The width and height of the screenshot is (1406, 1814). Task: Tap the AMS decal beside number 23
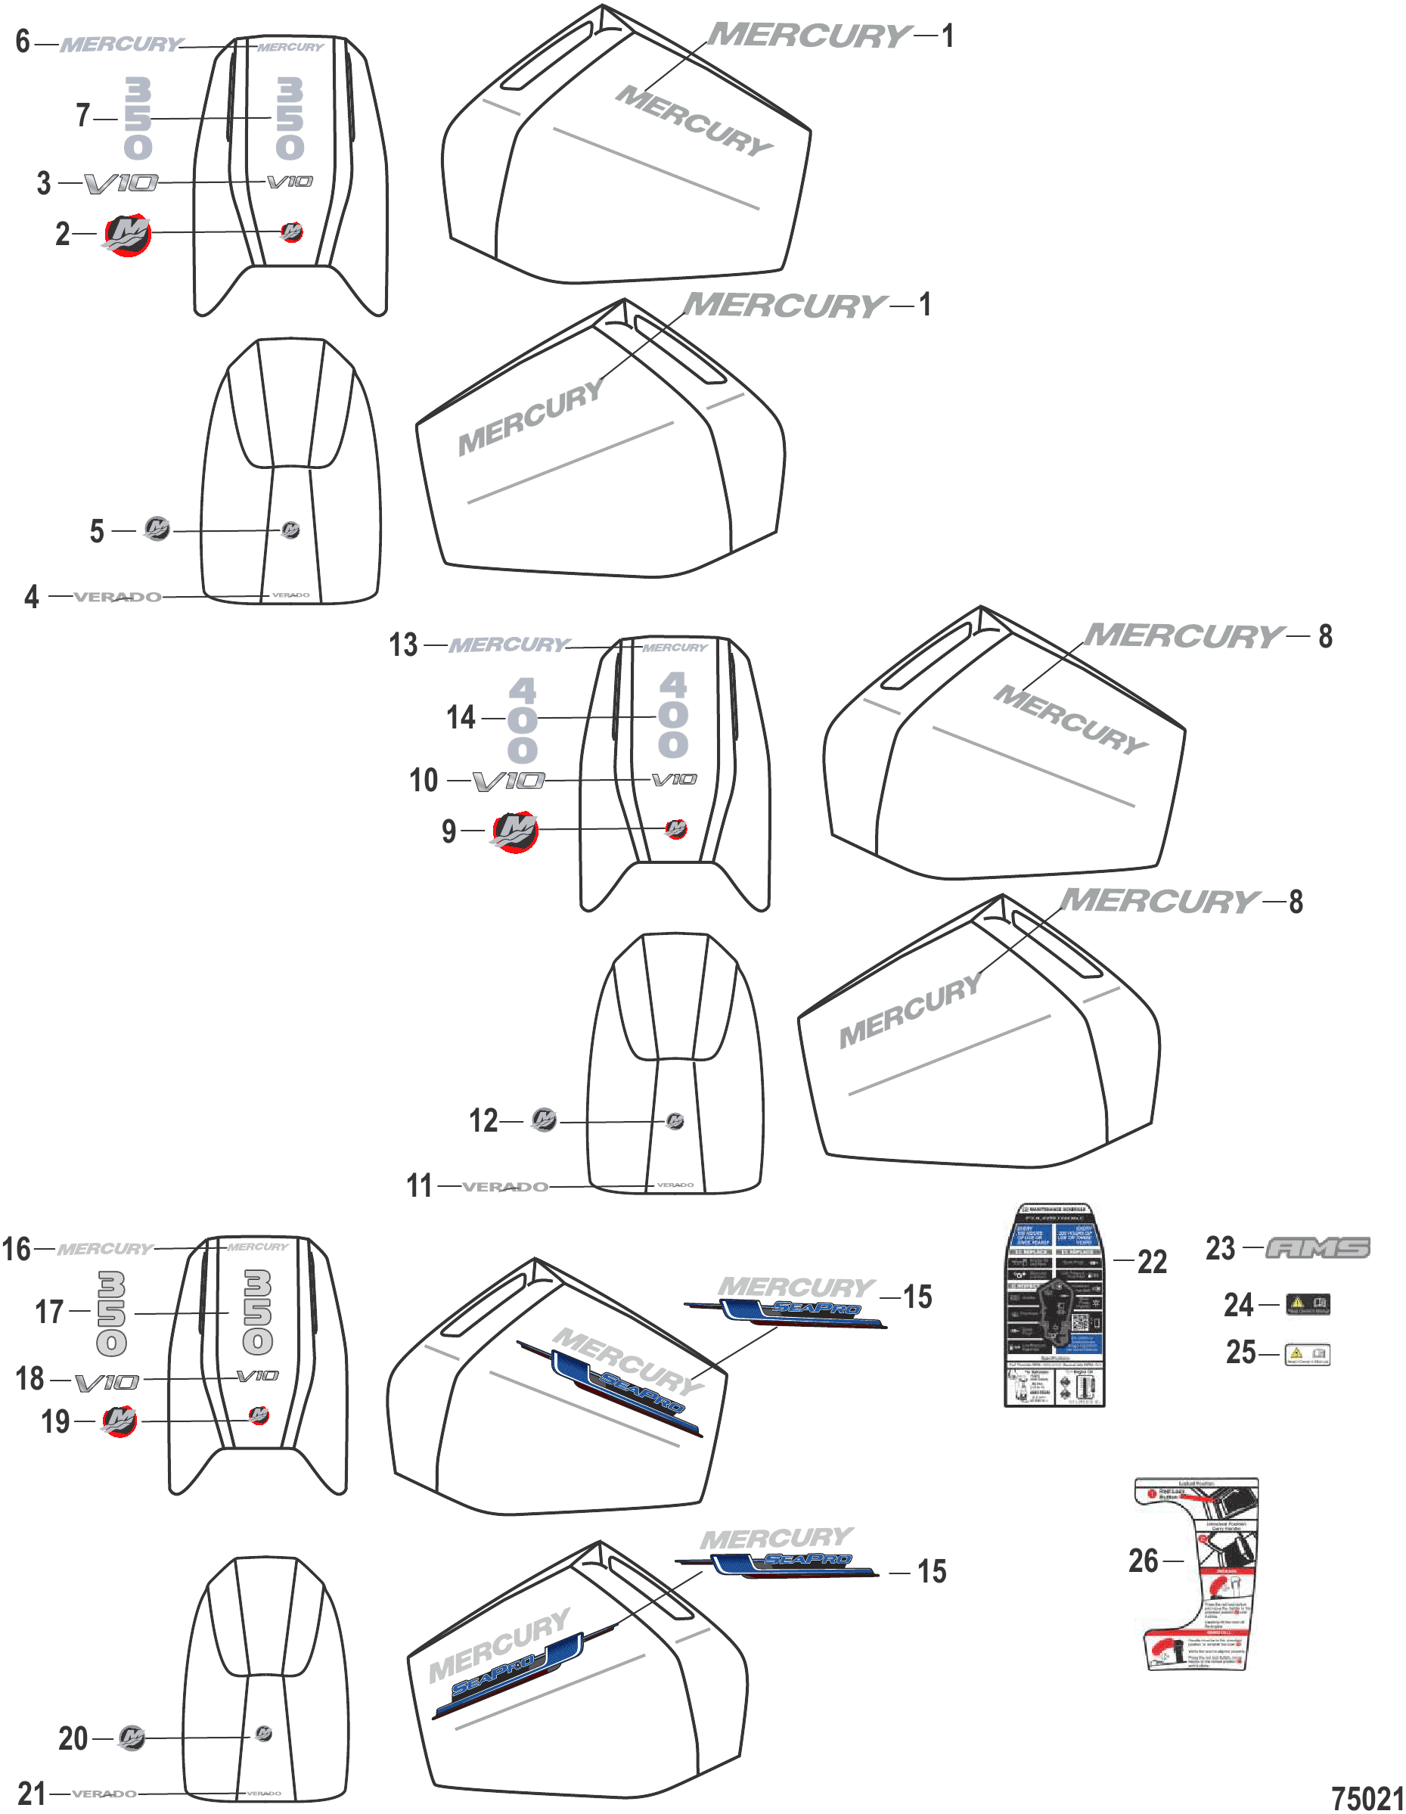coord(1318,1248)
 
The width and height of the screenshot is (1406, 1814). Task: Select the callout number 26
coord(1143,1561)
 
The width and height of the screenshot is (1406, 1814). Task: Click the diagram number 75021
coord(1367,1798)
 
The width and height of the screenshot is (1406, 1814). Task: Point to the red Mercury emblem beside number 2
coord(127,235)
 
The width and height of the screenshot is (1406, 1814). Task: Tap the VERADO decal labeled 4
coord(117,596)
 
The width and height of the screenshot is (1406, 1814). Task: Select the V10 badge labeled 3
coord(121,183)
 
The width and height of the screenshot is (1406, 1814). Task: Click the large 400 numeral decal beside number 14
coord(523,719)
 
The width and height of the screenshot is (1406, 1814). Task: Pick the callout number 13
coord(404,645)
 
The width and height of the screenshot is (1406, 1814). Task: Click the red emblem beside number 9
coord(516,831)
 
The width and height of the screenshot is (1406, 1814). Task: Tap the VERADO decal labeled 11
coord(505,1187)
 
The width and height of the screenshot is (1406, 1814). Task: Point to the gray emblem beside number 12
coord(544,1120)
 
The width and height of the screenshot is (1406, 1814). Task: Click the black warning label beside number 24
coord(1307,1305)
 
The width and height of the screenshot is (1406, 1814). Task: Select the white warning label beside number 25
coord(1307,1354)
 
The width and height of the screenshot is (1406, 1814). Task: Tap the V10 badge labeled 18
coord(107,1382)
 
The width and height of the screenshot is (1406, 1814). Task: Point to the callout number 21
coord(32,1794)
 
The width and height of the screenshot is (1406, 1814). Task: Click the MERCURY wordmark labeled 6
coord(121,44)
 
